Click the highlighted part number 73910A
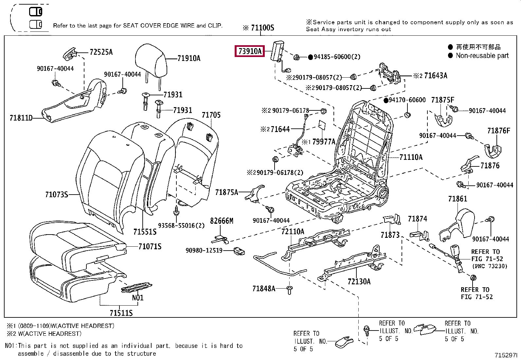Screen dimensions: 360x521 pos(250,51)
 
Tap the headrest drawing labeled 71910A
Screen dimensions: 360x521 pos(151,61)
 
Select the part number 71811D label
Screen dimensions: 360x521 pos(21,118)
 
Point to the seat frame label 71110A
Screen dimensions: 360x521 pos(411,157)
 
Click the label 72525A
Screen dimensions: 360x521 pos(101,52)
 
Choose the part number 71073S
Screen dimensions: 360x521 pos(57,195)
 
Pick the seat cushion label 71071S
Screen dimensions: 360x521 pos(150,246)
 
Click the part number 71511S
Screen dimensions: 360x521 pos(121,313)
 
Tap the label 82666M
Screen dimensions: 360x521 pos(222,221)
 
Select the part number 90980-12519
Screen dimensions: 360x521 pos(204,251)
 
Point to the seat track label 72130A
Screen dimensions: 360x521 pos(359,282)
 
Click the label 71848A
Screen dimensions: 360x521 pos(263,289)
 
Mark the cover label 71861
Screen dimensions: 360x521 pos(458,199)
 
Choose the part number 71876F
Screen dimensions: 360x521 pos(498,131)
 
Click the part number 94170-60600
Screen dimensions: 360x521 pos(407,100)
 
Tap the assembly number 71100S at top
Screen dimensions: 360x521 pos(262,28)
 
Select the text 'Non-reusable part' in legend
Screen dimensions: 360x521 pos(482,56)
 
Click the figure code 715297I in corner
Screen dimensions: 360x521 pos(506,355)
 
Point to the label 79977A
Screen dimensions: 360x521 pos(324,142)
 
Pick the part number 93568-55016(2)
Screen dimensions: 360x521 pos(181,226)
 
